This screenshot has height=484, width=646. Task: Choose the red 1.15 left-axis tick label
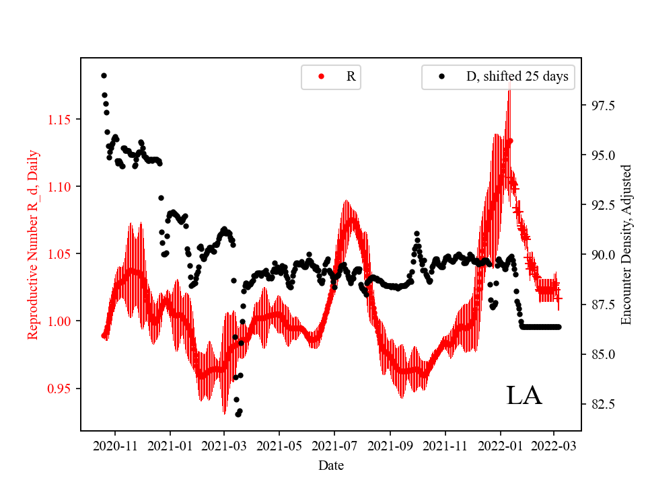coord(59,120)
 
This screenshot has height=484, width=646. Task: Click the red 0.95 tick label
coord(59,389)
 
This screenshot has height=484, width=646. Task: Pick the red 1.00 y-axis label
coord(59,321)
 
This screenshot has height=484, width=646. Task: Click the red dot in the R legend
coord(321,77)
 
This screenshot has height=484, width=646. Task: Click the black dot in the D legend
coord(441,77)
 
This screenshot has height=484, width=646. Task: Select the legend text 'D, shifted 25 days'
coord(517,77)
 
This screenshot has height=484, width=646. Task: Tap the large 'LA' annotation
coord(524,396)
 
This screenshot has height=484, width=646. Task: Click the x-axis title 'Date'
coord(330,465)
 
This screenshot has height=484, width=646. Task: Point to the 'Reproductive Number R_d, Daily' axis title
coord(32,245)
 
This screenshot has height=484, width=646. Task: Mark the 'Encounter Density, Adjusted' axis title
coord(626,245)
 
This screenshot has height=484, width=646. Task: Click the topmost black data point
coord(104,75)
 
